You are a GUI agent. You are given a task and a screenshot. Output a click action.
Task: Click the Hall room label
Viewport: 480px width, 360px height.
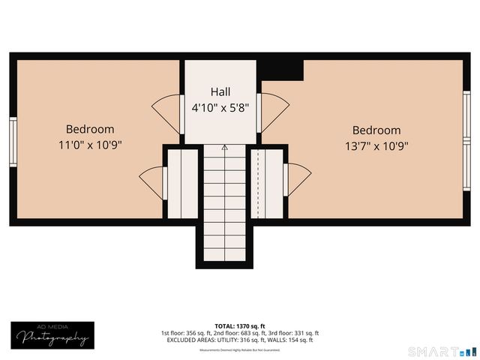[x=220, y=91]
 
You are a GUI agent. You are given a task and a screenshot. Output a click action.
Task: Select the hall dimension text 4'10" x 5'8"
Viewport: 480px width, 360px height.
[x=220, y=106]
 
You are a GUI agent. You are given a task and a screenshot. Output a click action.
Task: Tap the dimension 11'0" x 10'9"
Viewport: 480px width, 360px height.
[x=90, y=144]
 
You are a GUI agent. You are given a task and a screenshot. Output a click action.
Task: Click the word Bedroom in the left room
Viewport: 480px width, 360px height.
[x=90, y=128]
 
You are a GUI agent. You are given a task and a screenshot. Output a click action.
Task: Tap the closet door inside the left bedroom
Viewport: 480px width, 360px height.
[x=153, y=181]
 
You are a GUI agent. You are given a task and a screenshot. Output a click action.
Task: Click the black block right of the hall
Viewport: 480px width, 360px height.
[x=281, y=68]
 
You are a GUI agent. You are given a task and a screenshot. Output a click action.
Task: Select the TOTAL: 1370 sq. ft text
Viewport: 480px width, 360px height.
[x=239, y=325]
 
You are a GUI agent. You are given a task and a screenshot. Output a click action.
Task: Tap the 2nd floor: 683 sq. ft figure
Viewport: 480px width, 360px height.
[x=240, y=333]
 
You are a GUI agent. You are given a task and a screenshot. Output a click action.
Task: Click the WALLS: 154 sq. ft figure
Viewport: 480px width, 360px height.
[x=293, y=340]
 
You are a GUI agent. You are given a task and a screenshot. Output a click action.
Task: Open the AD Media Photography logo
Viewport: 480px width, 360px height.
[x=53, y=335]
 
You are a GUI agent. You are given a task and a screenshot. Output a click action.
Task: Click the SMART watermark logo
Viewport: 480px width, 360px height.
[x=441, y=351]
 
